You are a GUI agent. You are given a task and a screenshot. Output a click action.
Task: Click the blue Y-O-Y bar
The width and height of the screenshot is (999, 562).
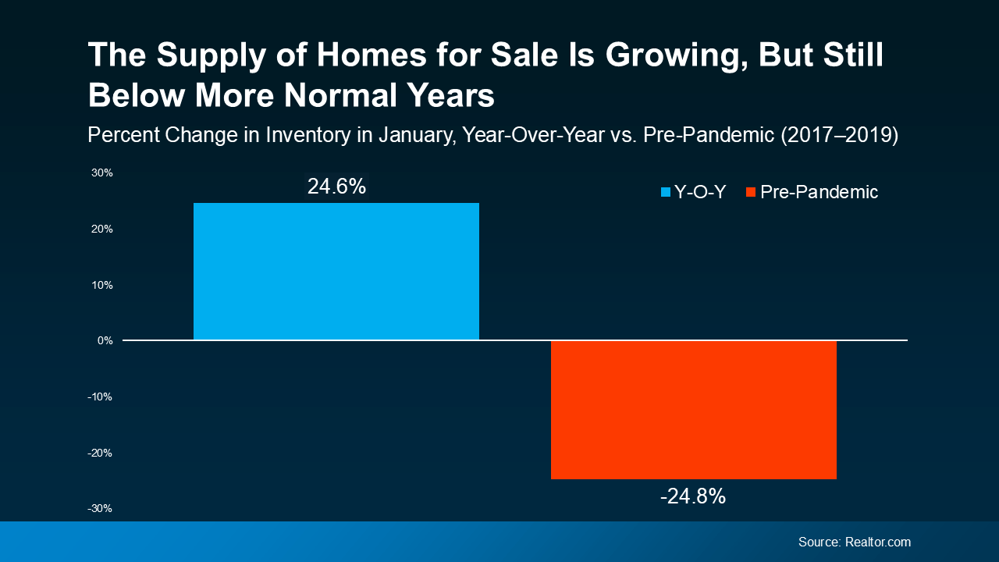336,272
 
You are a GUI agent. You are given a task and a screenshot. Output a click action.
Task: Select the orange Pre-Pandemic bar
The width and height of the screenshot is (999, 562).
693,410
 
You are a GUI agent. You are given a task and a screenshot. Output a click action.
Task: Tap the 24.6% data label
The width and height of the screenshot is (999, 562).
336,187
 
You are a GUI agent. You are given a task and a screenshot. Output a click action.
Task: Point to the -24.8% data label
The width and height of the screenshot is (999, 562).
693,496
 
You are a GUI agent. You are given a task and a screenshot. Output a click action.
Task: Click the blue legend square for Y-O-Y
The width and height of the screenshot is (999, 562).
666,192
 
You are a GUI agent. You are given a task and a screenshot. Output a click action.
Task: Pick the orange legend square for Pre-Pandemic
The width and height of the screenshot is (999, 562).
751,192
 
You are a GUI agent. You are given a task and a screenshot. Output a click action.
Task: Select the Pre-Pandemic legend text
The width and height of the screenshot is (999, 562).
819,192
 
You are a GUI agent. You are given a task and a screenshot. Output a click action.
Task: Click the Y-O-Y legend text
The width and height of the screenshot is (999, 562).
700,192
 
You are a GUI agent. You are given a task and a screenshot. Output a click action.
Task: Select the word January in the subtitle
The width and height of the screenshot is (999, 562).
417,135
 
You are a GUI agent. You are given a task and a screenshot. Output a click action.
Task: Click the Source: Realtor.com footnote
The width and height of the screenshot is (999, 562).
854,542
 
